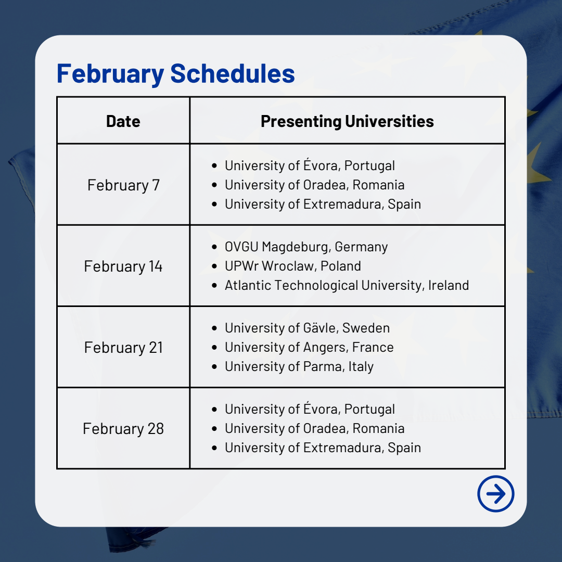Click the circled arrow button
(496, 493)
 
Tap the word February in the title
(110, 74)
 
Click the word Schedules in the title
(232, 73)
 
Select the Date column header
(123, 121)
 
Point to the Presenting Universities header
(347, 121)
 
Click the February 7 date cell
(123, 185)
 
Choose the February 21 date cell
(123, 347)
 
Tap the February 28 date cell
(123, 429)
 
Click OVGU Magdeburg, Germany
(306, 247)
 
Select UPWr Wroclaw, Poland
(292, 266)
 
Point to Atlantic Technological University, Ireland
(347, 285)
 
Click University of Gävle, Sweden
(307, 328)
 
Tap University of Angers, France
(309, 347)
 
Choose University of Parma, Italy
(299, 367)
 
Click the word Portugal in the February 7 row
(369, 165)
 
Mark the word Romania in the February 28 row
(378, 428)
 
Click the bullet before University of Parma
(214, 367)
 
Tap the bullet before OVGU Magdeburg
(214, 247)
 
